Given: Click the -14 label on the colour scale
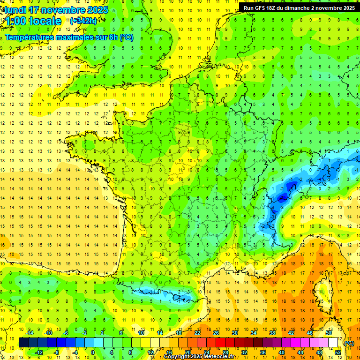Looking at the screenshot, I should click(30, 333).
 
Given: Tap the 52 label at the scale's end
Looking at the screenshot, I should click(338, 352).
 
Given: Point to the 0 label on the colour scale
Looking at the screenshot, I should click(93, 352).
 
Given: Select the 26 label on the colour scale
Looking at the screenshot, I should click(216, 333).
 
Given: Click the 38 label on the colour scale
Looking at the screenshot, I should click(272, 333).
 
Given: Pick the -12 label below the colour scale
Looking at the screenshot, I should click(39, 352).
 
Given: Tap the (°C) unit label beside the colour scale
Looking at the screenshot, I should click(349, 343).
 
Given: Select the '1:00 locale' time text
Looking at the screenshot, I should click(33, 21).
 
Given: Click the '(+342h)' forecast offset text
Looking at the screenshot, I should click(83, 21).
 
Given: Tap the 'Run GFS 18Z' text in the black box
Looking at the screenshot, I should click(261, 8).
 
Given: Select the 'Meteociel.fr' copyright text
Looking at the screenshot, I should click(218, 357).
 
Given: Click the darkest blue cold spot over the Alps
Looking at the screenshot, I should click(282, 198).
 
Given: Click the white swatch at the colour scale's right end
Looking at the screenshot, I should click(333, 343).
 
